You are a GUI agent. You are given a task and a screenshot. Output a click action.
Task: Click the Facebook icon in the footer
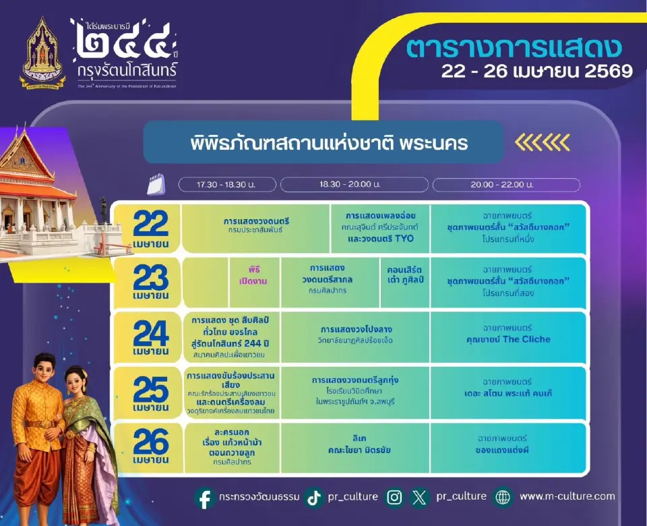tap(205, 498)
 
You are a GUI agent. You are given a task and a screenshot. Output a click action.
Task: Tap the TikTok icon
tap(313, 498)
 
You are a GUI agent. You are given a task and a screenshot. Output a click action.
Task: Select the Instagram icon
tap(395, 498)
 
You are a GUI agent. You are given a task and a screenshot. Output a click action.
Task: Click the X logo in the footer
tap(420, 498)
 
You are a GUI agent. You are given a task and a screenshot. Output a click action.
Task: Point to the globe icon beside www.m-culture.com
tap(503, 498)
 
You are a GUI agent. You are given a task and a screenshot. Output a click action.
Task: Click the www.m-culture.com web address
tap(567, 496)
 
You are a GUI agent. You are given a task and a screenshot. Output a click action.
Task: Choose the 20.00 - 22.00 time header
tap(505, 185)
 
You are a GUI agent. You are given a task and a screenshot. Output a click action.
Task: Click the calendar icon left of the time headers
tap(156, 183)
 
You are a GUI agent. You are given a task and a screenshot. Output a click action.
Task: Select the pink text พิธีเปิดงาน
tap(253, 275)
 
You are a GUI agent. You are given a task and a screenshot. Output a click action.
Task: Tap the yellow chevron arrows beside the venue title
tap(542, 142)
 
